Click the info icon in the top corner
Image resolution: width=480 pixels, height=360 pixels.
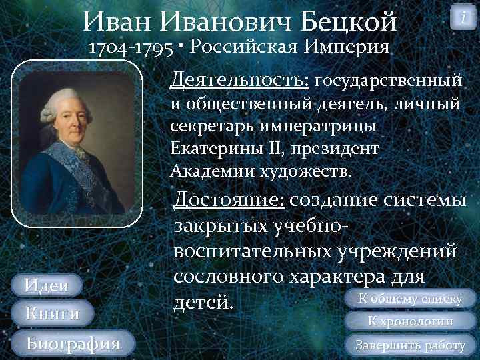pos(463,17)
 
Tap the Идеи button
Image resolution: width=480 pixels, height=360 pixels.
pos(46,286)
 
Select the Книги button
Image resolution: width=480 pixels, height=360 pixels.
pos(51,313)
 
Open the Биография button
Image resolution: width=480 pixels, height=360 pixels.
pos(72,343)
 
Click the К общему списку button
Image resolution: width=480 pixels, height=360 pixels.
pos(410,299)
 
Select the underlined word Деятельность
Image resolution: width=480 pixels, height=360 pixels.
pos(239,81)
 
